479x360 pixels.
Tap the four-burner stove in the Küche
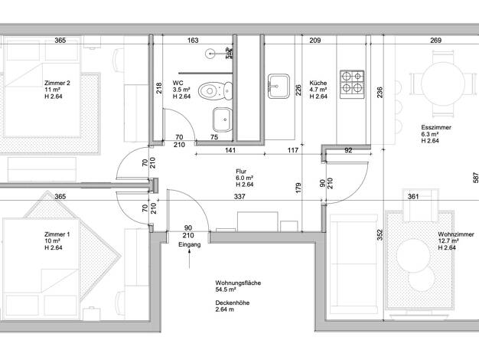tap(352, 84)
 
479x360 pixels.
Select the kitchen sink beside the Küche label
tap(279, 86)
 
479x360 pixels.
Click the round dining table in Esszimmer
tap(443, 83)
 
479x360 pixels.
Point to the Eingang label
tap(190, 244)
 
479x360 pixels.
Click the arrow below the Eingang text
tap(190, 259)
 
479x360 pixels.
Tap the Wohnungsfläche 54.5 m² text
tap(238, 286)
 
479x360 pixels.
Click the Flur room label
tap(244, 178)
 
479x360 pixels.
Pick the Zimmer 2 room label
tap(57, 90)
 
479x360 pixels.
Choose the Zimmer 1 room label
tap(57, 241)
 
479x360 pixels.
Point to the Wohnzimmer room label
tap(456, 241)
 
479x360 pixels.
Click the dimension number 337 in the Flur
tap(239, 196)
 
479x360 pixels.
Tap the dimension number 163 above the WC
tap(193, 40)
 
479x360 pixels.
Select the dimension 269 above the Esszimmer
tap(435, 40)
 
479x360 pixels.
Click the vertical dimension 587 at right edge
tap(476, 178)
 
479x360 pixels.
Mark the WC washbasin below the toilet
tap(223, 119)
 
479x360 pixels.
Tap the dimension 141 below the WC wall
tap(230, 150)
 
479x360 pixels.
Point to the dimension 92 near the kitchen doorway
tap(348, 150)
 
